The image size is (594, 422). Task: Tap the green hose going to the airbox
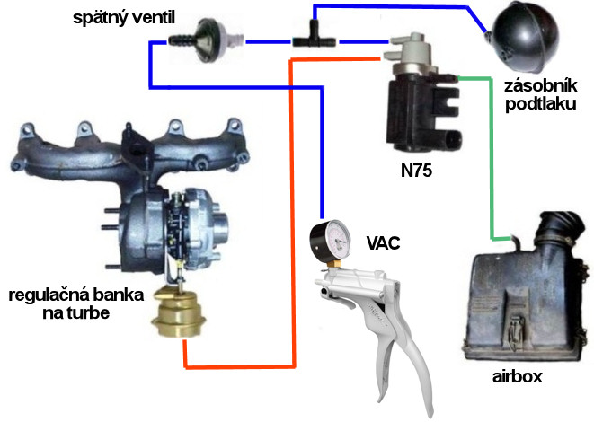(x=489, y=162)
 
